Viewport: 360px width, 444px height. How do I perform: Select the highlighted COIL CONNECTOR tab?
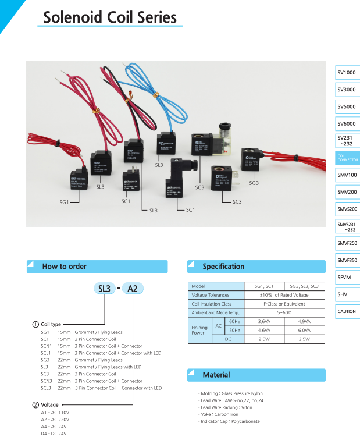coord(348,158)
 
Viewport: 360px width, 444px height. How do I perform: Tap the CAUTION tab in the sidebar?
coord(347,311)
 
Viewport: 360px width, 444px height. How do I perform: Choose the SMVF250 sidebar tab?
coord(347,243)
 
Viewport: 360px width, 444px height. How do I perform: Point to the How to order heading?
coord(64,267)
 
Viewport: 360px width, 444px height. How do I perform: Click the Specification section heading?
coord(223,267)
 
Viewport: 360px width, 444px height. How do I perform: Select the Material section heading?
coord(216,375)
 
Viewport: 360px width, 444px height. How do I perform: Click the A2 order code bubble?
coord(132,289)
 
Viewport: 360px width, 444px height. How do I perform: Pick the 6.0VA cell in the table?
coord(304,329)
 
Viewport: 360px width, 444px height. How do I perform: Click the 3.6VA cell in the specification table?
coord(264,321)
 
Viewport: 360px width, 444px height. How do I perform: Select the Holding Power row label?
coord(199,329)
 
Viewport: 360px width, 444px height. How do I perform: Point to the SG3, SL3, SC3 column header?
coord(304,286)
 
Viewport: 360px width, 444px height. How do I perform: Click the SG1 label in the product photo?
coord(62,201)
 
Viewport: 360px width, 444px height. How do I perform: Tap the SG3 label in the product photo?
coord(254,183)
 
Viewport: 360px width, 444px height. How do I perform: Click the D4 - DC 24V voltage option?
coord(54,434)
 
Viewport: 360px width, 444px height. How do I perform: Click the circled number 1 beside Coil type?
coord(35,324)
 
